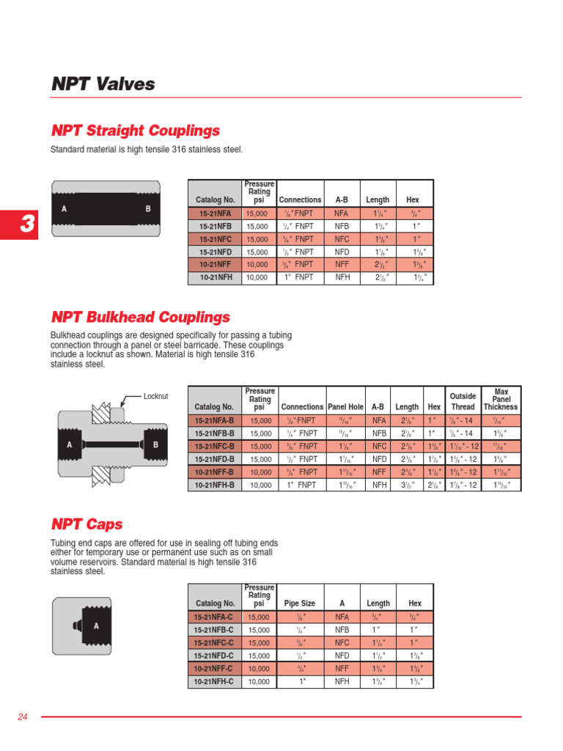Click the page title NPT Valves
103,84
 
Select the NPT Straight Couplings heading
135,131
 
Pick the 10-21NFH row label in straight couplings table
215,278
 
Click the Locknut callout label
155,397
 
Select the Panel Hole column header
345,407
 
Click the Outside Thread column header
463,402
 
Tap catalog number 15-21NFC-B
214,446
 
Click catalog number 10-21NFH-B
214,486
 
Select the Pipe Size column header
299,604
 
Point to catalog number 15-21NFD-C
213,656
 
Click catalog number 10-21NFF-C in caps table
213,669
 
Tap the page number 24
22,717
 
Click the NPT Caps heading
87,524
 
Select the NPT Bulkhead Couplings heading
140,318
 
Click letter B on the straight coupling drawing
148,209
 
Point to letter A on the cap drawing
96,626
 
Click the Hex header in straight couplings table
412,199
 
